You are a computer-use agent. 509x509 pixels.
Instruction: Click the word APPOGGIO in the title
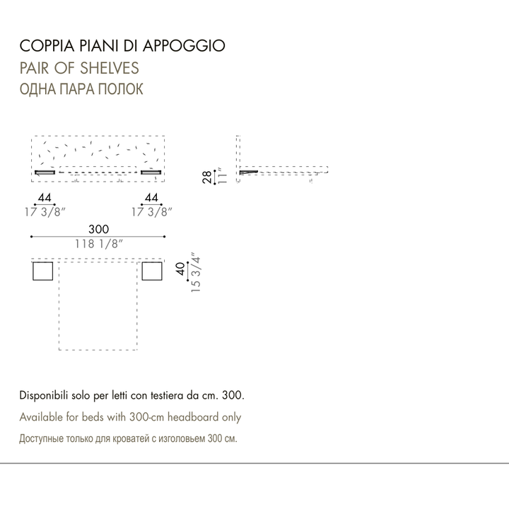coord(184,46)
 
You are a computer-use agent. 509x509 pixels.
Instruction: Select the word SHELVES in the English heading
coord(110,68)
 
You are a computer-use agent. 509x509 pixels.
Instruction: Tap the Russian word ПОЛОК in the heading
coord(120,89)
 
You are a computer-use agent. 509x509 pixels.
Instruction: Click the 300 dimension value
coord(99,229)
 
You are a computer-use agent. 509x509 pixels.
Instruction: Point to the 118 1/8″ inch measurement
coord(99,244)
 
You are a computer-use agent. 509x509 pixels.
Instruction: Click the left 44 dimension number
coord(45,197)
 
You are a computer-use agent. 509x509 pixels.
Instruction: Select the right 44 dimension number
coord(151,197)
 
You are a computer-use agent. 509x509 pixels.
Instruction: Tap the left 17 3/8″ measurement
coord(45,212)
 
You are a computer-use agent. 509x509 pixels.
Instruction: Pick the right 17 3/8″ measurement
coord(151,212)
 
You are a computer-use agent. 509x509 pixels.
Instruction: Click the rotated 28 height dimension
coord(206,177)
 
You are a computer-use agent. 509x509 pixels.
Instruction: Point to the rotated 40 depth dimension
coord(180,269)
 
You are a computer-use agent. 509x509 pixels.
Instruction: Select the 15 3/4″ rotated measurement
coord(196,272)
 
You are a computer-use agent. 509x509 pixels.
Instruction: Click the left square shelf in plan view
coord(43,271)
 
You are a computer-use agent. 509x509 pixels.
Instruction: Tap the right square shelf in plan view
coord(152,271)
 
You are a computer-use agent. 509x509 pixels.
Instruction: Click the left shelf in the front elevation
coord(45,172)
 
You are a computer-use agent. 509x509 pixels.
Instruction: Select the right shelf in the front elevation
coord(151,172)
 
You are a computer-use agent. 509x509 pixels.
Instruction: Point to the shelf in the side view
coord(249,172)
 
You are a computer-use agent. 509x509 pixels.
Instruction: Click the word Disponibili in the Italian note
coord(44,396)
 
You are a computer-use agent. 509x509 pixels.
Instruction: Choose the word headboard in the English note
coord(193,417)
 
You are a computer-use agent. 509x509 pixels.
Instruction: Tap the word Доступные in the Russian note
coord(42,438)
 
